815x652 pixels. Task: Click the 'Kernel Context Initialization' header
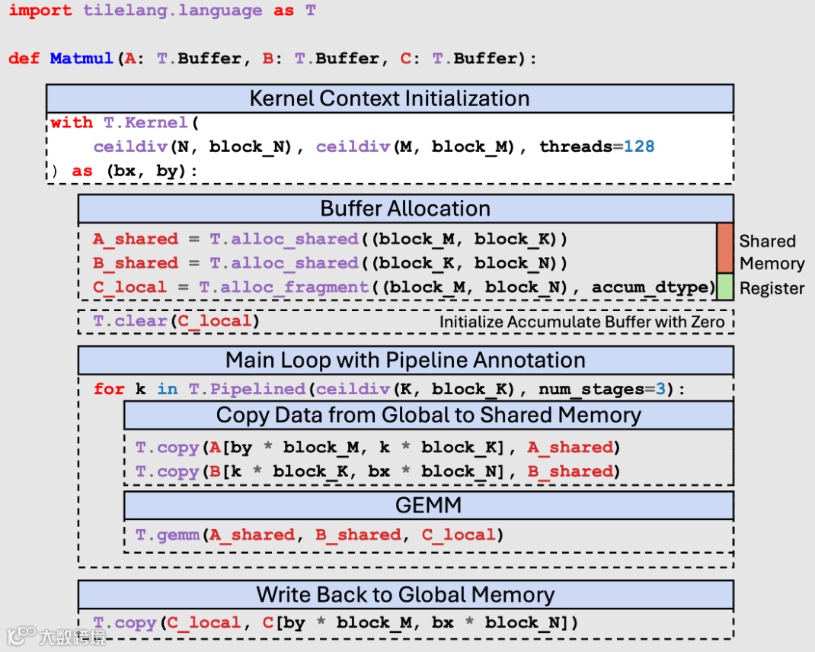coord(389,98)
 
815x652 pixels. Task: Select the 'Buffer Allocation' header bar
coord(405,208)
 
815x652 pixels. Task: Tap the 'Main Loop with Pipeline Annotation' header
coord(405,360)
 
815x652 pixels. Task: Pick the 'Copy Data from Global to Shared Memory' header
coord(428,415)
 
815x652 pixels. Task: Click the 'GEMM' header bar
coord(428,505)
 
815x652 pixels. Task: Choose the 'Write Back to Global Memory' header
coord(405,594)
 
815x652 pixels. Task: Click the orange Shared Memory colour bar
coord(724,247)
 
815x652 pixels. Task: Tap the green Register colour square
coord(724,286)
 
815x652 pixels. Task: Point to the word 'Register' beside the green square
coord(772,288)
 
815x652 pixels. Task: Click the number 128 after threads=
coord(638,146)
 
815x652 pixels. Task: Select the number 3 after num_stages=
coord(660,389)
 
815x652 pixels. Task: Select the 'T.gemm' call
coord(167,535)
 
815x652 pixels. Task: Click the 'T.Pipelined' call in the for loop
coord(247,389)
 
